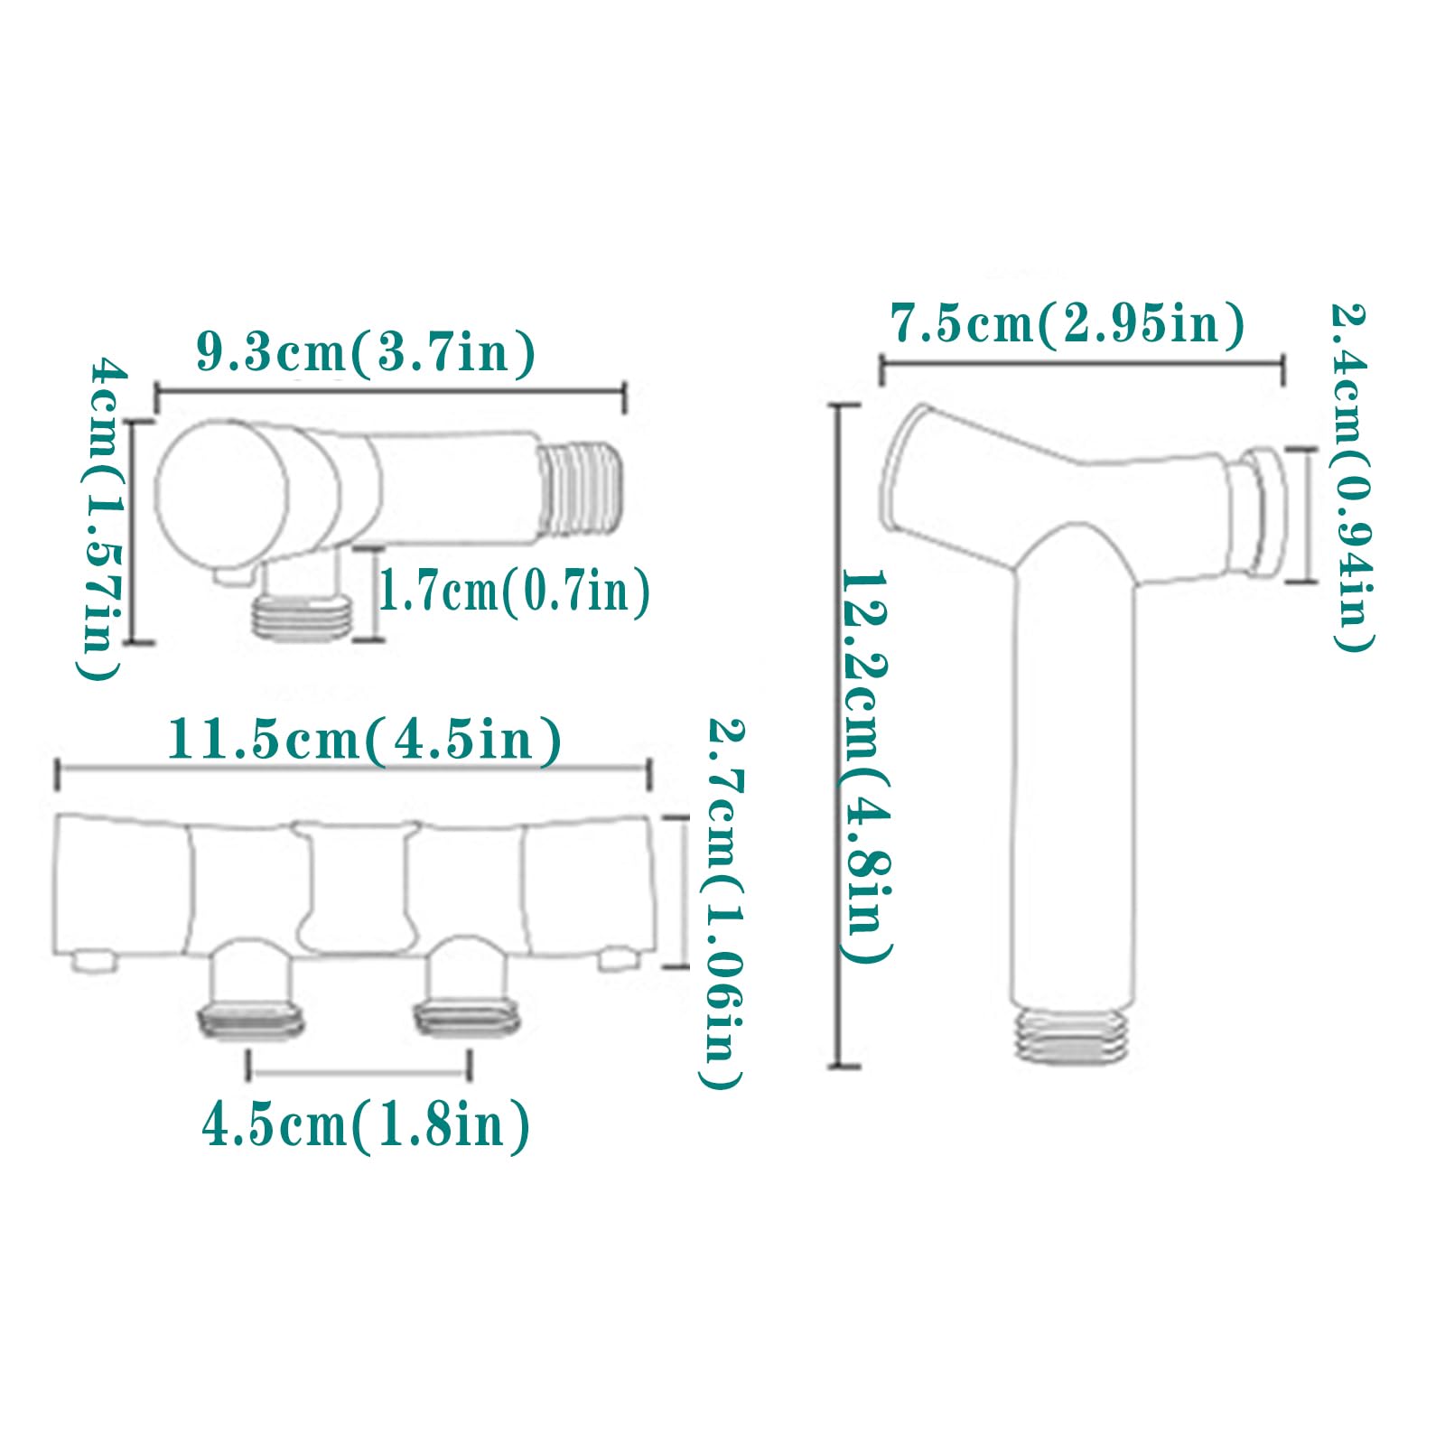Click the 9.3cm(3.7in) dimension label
click(366, 352)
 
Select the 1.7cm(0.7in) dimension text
click(513, 592)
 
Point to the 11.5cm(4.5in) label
click(364, 741)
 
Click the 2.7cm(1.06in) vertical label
click(722, 903)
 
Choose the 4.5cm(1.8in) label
click(366, 1126)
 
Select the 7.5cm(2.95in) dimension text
click(1067, 323)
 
